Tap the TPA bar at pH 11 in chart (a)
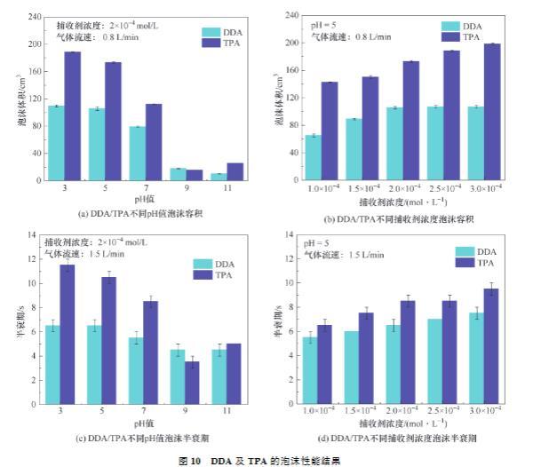click(235, 172)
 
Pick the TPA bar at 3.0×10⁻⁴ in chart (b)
click(492, 112)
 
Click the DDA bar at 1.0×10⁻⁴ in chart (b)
click(313, 158)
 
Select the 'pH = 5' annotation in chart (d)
click(318, 242)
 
